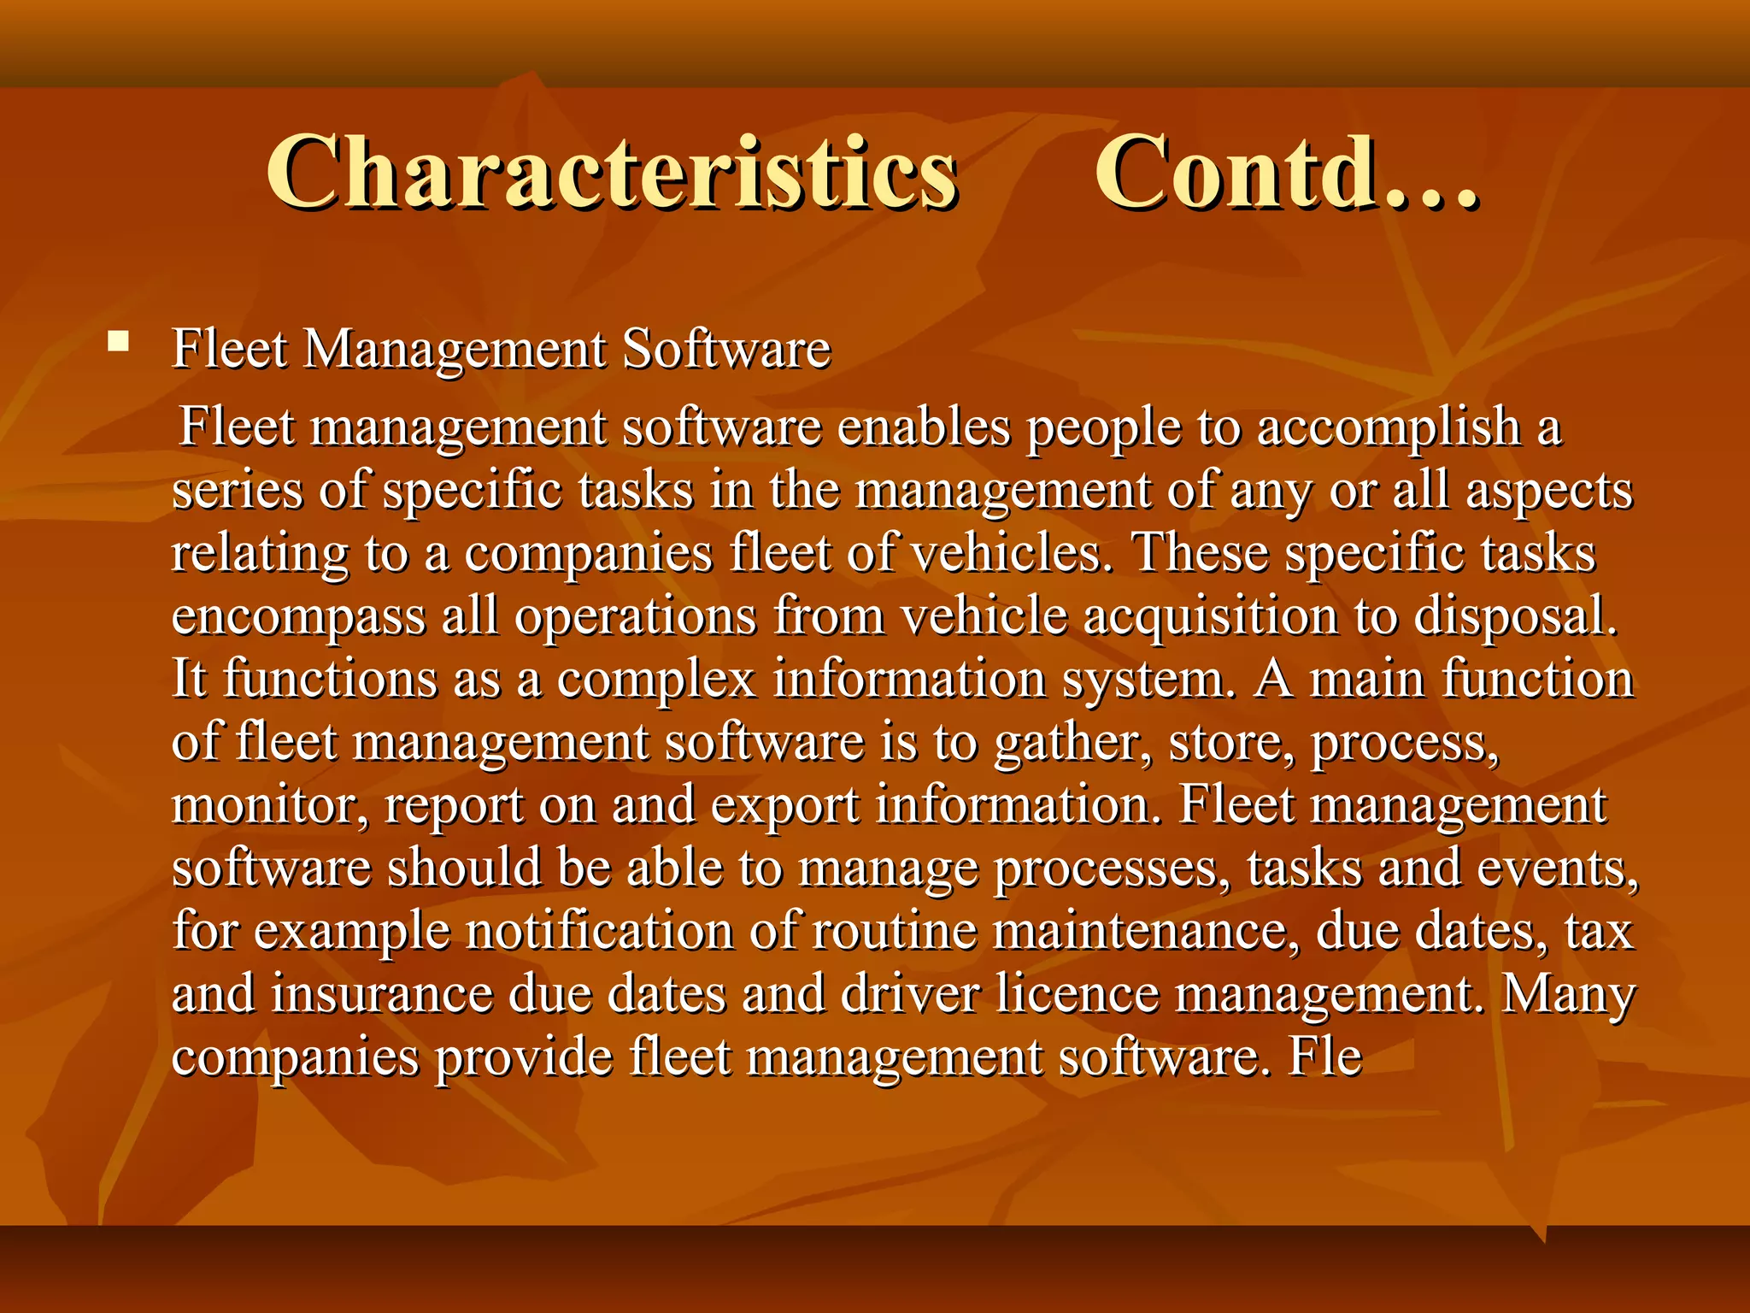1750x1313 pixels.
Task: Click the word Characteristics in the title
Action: (612, 173)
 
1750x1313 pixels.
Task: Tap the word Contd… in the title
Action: (1286, 173)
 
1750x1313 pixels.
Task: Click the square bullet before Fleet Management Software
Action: (119, 344)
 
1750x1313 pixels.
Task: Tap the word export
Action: (785, 805)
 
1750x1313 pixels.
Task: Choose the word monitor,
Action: (271, 805)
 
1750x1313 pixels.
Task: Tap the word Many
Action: (1568, 994)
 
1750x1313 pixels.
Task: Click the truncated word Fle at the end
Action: (1325, 1057)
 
